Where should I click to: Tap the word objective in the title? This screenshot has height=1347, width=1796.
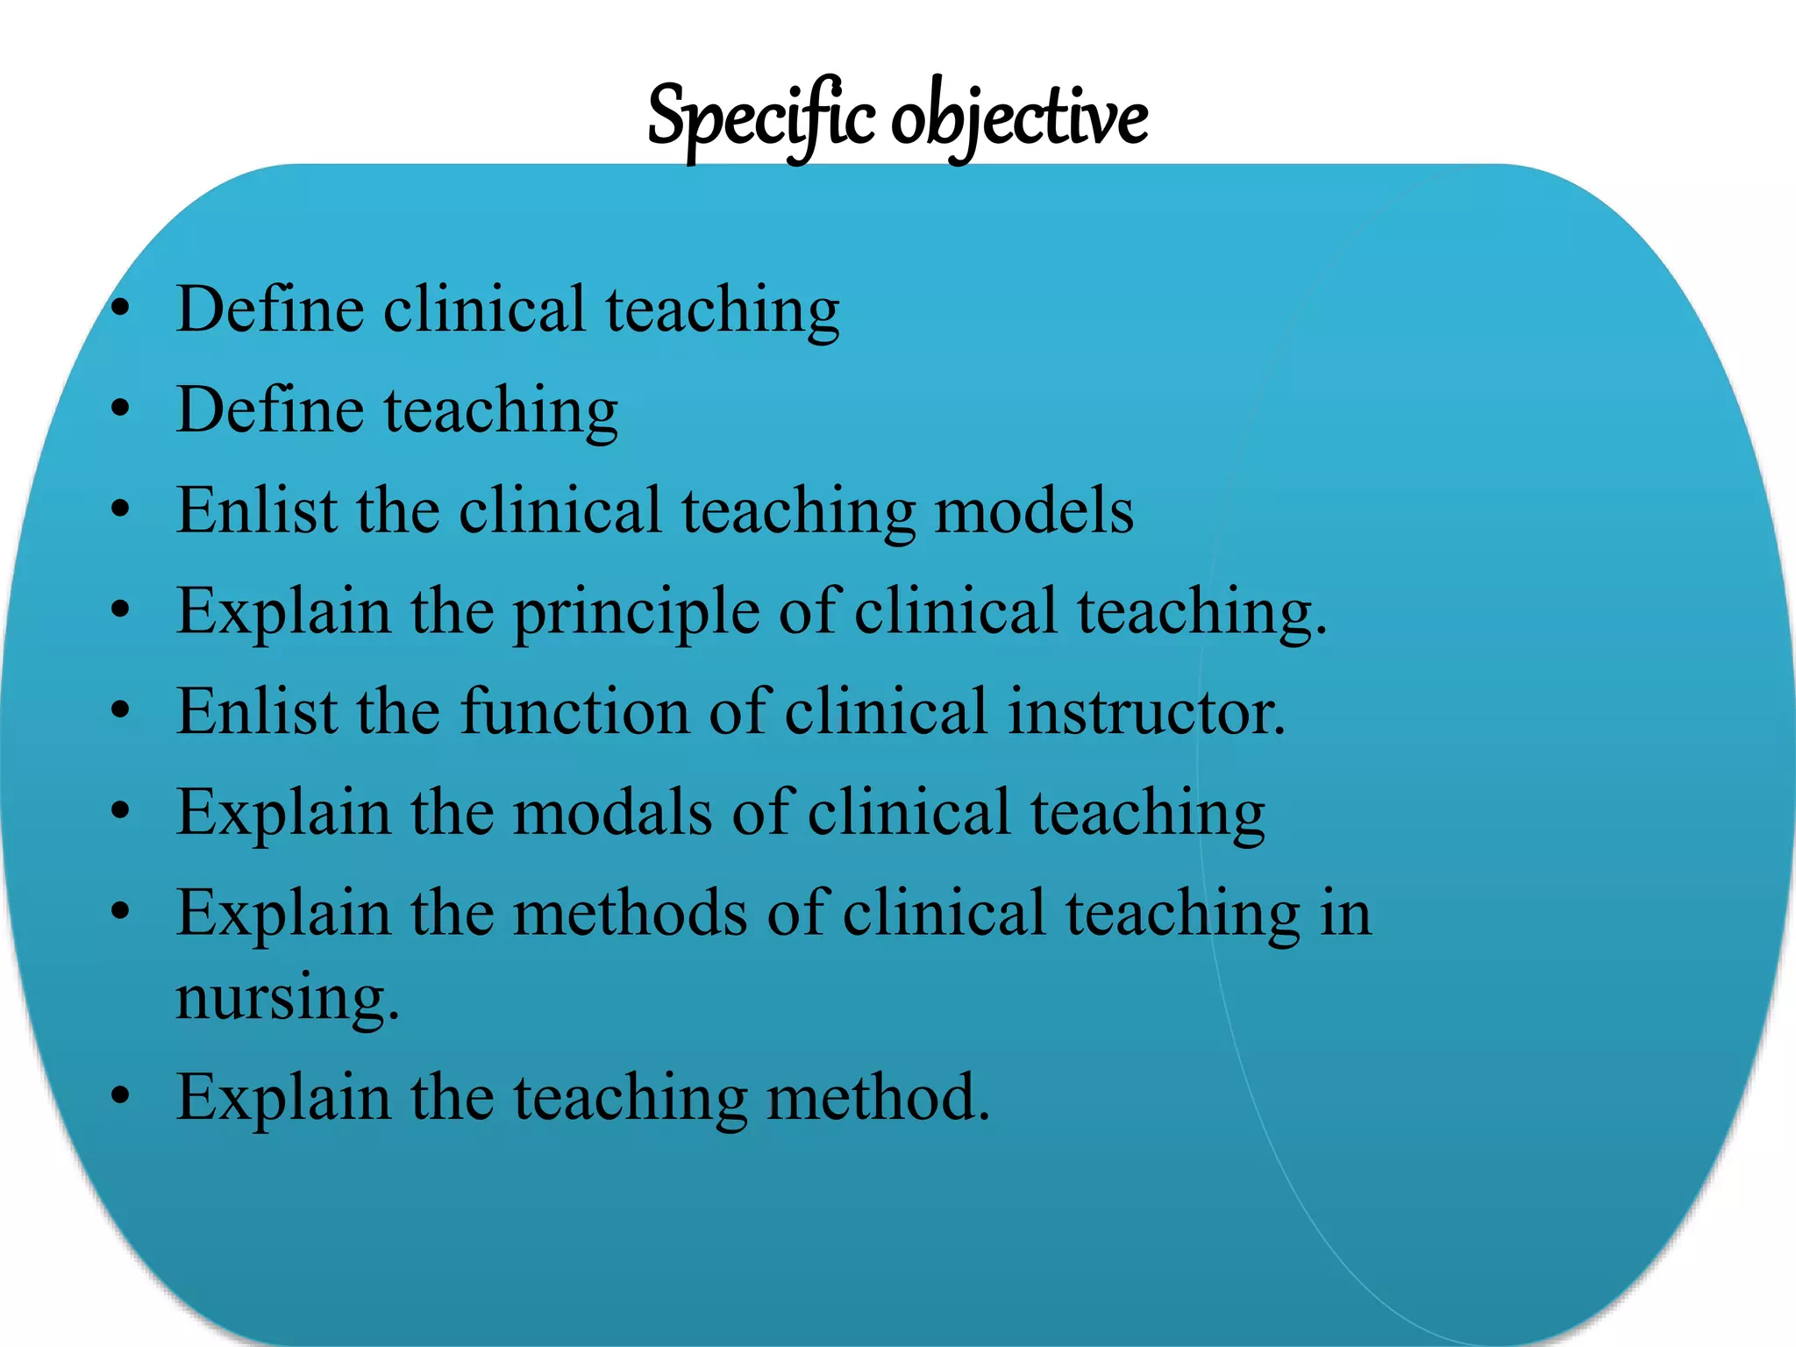(x=1019, y=118)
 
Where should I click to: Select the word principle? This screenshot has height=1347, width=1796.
(x=636, y=611)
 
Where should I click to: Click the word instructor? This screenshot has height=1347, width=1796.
(x=1146, y=711)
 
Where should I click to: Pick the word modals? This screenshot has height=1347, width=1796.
(x=612, y=812)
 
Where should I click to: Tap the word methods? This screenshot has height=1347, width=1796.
(x=630, y=913)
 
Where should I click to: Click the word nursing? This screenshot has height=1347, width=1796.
(x=288, y=998)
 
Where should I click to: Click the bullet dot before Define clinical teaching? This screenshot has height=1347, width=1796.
(x=121, y=309)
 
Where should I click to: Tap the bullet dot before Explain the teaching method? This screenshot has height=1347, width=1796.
(x=121, y=1096)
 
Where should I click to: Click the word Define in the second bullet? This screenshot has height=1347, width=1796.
(x=270, y=410)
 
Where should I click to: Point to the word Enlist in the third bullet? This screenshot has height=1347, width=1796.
(x=256, y=510)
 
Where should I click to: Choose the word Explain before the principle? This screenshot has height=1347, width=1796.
(x=283, y=611)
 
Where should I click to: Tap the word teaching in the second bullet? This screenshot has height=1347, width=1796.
(x=501, y=411)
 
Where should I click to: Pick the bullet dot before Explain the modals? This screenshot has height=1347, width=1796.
(x=121, y=811)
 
